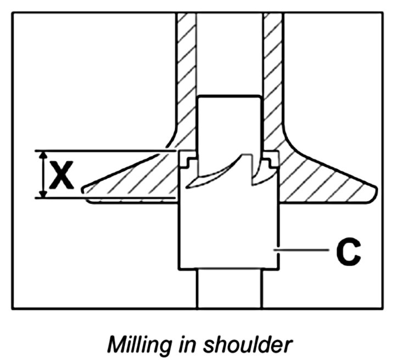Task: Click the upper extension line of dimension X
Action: coord(110,150)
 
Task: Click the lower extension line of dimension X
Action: coord(110,198)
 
